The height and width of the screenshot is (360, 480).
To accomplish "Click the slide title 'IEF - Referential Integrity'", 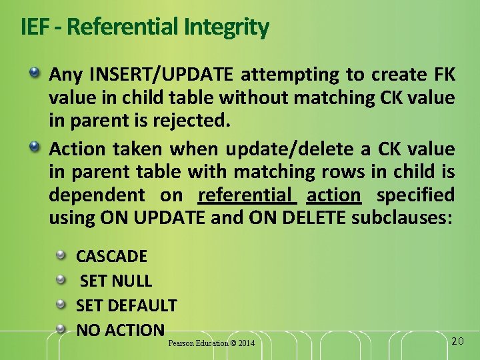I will coord(145,27).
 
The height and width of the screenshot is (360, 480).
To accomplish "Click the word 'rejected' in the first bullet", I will coord(197,121).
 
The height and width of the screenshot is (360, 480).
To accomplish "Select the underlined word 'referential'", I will coord(247,195).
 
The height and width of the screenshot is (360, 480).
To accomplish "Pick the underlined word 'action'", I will coord(333,195).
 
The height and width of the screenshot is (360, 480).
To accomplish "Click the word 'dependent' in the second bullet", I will coord(96,195).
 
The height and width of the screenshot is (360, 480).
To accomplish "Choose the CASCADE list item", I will coord(111,256).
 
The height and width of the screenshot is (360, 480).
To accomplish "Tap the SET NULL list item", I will coord(116,281).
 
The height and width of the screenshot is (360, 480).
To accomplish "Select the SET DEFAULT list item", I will coord(127,305).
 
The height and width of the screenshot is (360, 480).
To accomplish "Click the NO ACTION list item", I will coord(120,329).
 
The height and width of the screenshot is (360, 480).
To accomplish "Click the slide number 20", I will coord(457,341).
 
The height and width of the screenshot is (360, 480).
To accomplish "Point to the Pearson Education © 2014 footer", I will coord(211,343).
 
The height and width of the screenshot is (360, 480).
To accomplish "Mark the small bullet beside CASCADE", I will coord(61,255).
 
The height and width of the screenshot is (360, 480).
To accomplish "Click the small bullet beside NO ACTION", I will coord(61,329).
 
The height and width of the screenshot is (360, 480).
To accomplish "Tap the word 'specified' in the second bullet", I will coord(415,195).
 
